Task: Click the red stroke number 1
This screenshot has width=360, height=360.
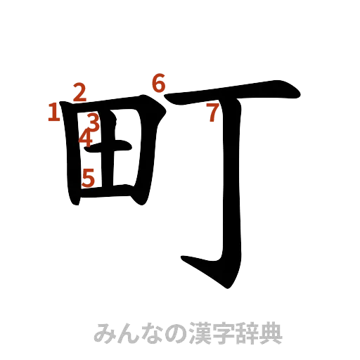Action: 53,112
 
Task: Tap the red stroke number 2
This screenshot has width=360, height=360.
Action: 79,91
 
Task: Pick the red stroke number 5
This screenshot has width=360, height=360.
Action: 88,176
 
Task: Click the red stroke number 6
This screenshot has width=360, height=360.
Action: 159,84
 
